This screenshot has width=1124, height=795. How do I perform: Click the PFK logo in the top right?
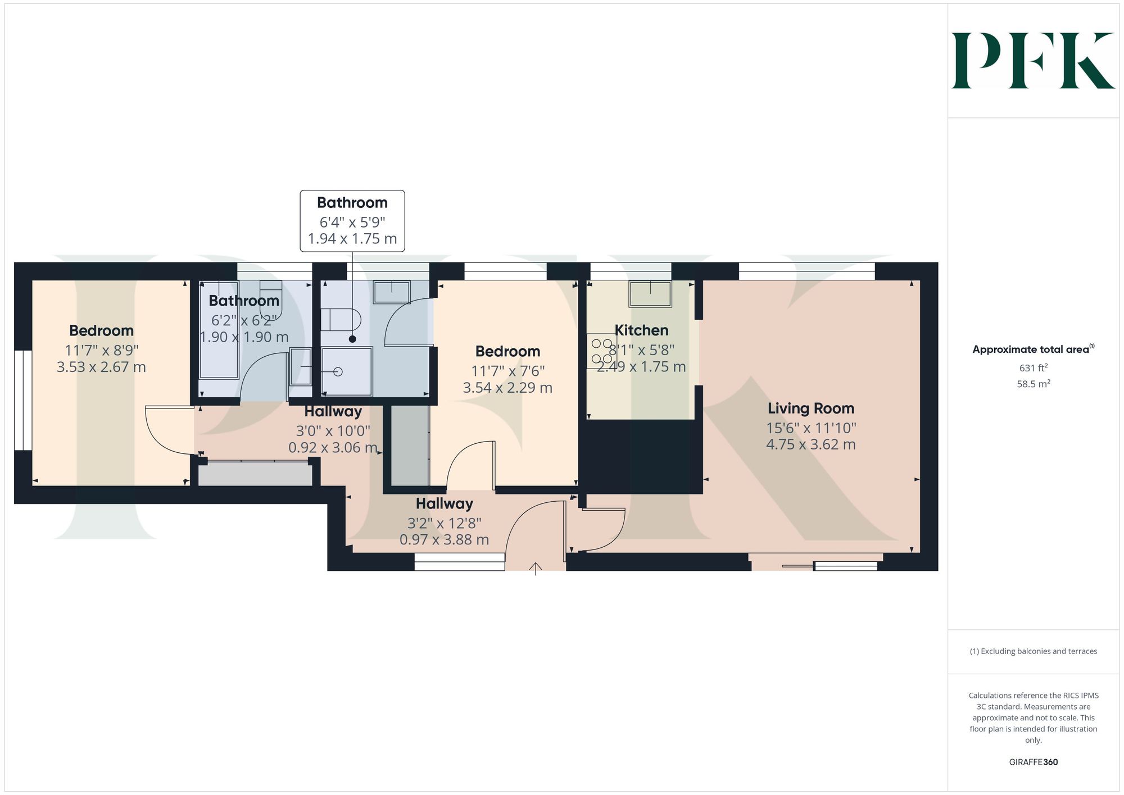(x=1033, y=61)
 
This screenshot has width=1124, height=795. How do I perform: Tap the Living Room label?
(x=811, y=408)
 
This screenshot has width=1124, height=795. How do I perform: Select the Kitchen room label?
(x=641, y=330)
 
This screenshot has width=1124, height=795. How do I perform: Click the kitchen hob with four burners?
(x=601, y=351)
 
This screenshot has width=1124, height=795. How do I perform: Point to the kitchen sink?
(x=650, y=294)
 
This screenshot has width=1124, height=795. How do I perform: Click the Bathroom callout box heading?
(x=352, y=203)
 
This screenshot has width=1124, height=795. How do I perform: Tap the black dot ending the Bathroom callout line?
(x=352, y=339)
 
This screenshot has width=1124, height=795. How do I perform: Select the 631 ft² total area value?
(x=1034, y=368)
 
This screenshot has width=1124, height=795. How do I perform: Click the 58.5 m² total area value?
(x=1034, y=384)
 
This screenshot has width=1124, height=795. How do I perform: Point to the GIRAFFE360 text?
(x=1034, y=762)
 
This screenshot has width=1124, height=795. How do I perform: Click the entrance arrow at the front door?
(x=536, y=569)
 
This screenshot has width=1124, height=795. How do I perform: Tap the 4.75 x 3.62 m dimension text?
(x=811, y=444)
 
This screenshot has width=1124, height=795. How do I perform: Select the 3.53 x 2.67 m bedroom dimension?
(x=101, y=367)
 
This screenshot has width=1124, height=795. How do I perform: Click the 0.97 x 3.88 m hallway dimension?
(x=444, y=540)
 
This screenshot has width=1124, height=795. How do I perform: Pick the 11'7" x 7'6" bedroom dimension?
(x=507, y=371)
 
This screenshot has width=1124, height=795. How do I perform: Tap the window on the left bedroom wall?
(x=23, y=401)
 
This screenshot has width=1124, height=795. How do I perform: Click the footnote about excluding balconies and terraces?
(x=1034, y=651)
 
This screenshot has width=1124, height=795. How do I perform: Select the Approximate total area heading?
(x=1034, y=349)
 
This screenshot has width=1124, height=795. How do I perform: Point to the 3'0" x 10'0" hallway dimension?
(x=333, y=431)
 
